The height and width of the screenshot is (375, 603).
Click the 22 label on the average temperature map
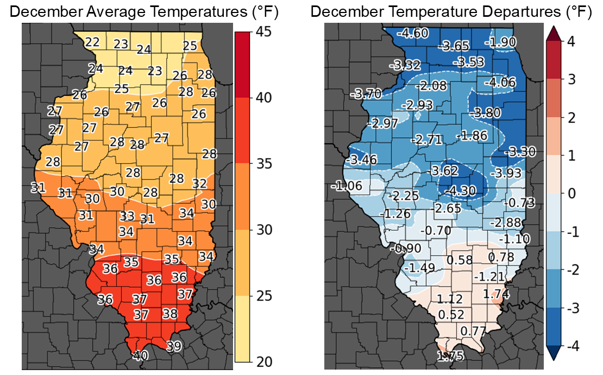click(92, 42)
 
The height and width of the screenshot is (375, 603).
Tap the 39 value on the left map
click(173, 346)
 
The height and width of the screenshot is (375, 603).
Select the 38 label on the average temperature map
click(170, 314)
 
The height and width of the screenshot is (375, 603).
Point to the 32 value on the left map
click(199, 183)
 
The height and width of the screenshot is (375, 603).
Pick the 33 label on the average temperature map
click(127, 217)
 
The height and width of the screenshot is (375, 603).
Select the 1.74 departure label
click(495, 294)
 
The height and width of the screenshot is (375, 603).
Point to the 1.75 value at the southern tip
click(450, 356)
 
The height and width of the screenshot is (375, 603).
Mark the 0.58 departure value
click(460, 260)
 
